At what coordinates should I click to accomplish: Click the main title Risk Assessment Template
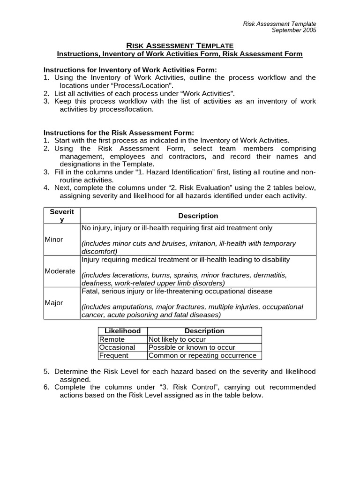[x=180, y=45]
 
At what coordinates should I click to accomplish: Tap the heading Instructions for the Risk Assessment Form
[x=119, y=133]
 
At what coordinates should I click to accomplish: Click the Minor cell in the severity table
[x=54, y=240]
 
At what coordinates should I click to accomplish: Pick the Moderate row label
[x=60, y=271]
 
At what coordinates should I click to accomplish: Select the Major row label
[x=54, y=303]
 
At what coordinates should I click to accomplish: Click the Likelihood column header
[x=122, y=331]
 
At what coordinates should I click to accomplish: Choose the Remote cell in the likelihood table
[x=112, y=339]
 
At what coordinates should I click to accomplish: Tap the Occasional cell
[x=117, y=347]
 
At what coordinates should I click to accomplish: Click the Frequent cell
[x=114, y=355]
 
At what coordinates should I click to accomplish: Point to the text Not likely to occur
[x=177, y=339]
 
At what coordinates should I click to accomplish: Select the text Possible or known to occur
[x=192, y=347]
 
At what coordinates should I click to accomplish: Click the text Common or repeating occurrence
[x=202, y=355]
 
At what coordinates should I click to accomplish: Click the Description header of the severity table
[x=198, y=216]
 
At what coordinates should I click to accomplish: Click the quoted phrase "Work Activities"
[x=206, y=93]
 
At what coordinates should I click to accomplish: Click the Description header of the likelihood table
[x=204, y=331]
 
